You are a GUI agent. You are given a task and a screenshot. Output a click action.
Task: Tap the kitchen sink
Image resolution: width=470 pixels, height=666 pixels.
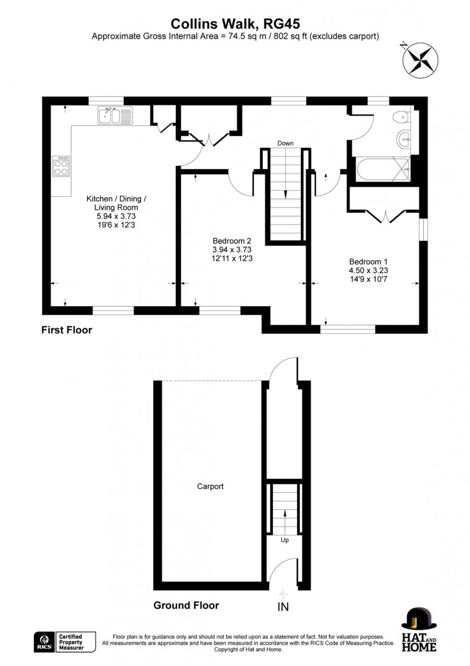[115, 116]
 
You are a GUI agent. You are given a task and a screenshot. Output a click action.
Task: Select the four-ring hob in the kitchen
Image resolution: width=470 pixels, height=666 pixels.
[61, 166]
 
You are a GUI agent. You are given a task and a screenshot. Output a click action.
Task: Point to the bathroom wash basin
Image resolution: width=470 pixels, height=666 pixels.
[404, 138]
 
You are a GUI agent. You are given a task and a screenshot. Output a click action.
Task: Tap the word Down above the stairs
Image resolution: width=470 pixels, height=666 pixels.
[285, 143]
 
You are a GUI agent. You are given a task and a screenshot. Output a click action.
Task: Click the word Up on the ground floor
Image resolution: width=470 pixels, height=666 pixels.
[285, 540]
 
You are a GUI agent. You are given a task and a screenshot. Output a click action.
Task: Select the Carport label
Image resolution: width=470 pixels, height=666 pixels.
[210, 486]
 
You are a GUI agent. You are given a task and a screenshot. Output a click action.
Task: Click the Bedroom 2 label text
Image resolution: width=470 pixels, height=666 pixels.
[232, 241]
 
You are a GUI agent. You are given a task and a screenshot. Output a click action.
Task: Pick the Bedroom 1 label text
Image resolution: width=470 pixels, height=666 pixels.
[368, 262]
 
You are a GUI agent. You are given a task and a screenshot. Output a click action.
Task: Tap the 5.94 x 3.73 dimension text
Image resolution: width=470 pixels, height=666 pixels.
[116, 217]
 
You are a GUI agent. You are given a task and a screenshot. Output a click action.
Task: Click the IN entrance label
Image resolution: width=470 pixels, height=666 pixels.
[283, 607]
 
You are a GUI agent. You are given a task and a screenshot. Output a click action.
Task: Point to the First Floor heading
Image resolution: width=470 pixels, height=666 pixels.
[67, 330]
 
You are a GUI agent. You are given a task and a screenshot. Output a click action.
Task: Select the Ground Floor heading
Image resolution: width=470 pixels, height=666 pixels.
[186, 605]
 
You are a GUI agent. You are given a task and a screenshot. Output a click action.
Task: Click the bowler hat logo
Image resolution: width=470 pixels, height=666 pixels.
[418, 618]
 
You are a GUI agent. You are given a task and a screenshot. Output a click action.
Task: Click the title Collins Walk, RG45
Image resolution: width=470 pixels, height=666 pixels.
[235, 24]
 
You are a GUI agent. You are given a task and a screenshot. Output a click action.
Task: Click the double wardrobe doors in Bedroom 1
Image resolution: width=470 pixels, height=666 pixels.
[387, 216]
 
